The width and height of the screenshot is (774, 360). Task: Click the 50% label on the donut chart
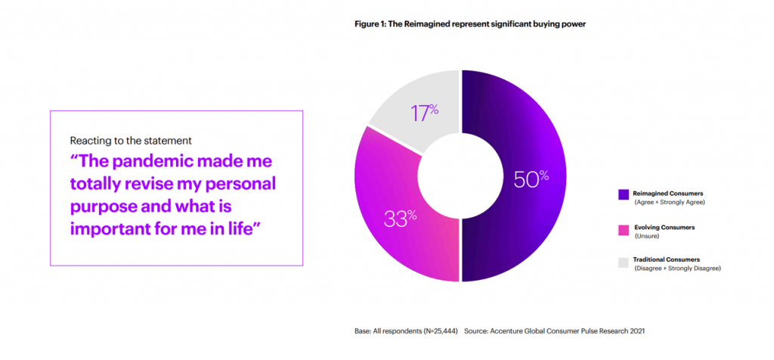coord(531,179)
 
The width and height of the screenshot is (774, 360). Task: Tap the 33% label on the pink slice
coord(401,219)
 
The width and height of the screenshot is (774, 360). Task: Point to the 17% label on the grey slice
coord(425,113)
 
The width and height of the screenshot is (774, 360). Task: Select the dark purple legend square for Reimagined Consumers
coord(623,194)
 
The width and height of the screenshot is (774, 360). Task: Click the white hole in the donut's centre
coord(460,175)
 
